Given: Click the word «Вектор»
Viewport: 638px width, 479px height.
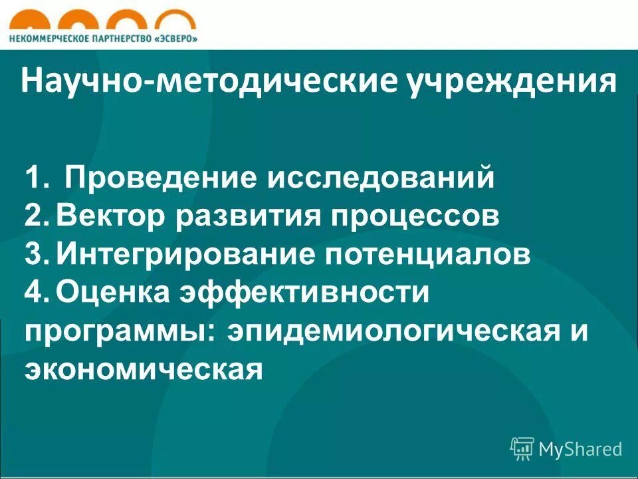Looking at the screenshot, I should pyautogui.click(x=113, y=217).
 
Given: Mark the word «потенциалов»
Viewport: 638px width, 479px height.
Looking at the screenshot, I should pyautogui.click(x=418, y=255).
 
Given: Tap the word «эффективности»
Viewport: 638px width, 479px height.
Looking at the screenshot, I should pyautogui.click(x=302, y=293).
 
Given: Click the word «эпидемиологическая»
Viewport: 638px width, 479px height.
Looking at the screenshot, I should pyautogui.click(x=391, y=332).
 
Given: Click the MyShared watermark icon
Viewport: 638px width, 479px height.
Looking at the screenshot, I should pyautogui.click(x=522, y=448).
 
